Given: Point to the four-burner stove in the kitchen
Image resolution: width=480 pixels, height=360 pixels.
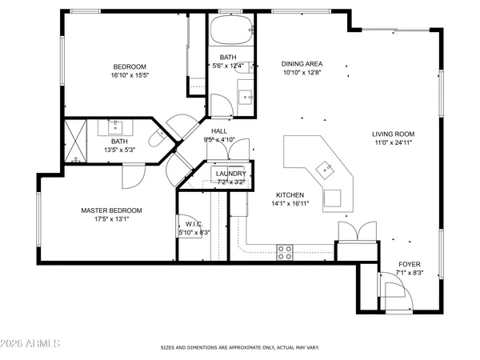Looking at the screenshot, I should [285, 253].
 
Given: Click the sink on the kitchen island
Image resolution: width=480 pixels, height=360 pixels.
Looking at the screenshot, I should [324, 168].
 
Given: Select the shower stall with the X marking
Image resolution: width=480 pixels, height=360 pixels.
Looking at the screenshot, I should [78, 142].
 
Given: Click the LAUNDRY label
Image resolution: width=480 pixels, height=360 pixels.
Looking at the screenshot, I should [230, 174].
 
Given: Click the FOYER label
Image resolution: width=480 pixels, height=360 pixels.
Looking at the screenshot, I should [410, 264].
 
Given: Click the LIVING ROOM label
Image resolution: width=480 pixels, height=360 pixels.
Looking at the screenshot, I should [392, 134].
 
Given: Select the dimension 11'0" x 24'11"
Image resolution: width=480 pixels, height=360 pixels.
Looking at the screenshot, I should [392, 143].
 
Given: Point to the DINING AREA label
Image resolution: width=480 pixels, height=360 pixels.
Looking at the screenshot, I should [301, 63].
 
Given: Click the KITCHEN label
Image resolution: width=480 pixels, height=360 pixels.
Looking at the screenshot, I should [290, 194].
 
